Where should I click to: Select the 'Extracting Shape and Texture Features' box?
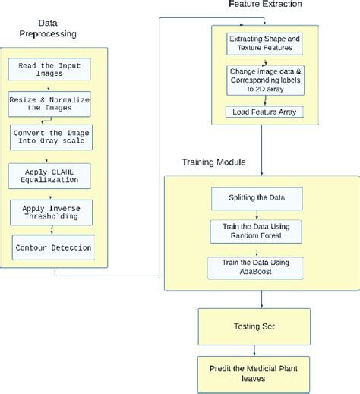pos(262,43)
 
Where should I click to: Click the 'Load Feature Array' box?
pos(262,112)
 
